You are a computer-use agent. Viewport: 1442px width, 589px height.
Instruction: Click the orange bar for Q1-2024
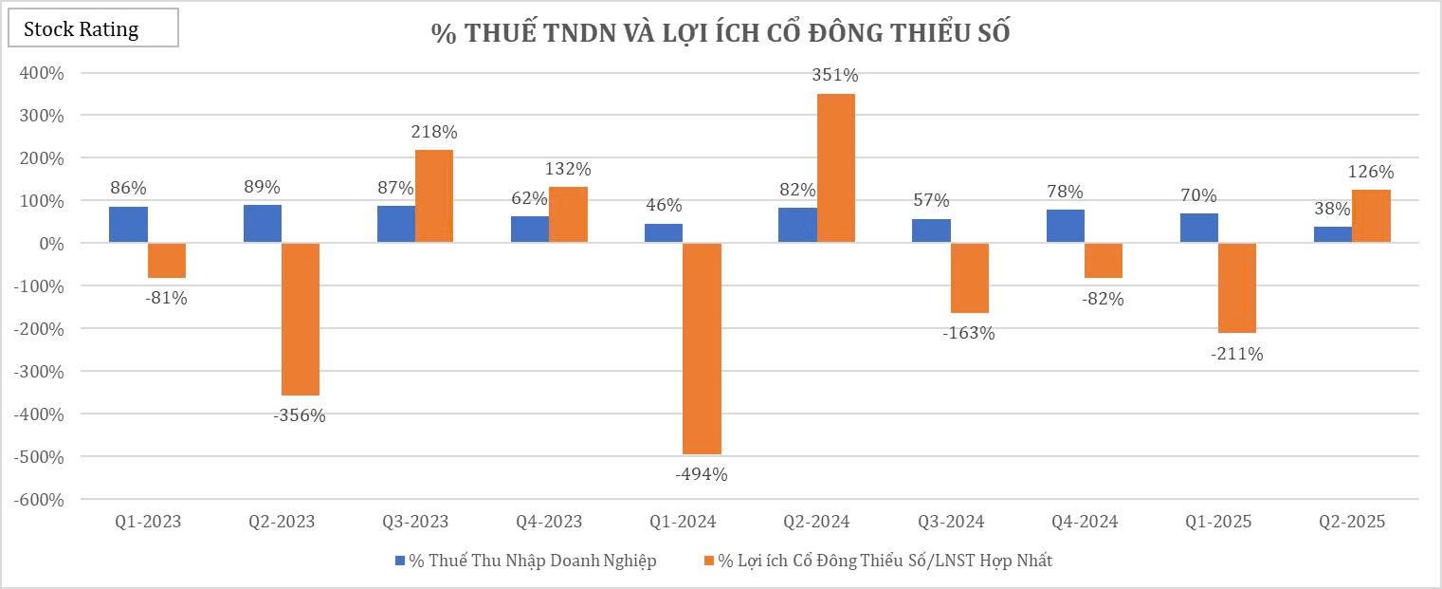click(702, 348)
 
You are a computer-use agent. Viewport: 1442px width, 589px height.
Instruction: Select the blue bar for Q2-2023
click(263, 224)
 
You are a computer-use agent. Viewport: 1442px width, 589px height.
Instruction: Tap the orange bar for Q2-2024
click(835, 168)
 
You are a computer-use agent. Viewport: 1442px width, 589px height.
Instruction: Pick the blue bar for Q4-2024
click(1066, 227)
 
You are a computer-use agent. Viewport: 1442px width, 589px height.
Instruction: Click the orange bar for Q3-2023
click(434, 196)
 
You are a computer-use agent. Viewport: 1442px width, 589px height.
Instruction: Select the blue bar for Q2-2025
click(1332, 234)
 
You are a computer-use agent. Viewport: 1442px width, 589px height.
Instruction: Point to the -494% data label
click(701, 474)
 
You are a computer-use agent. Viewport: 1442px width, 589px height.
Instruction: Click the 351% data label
click(835, 75)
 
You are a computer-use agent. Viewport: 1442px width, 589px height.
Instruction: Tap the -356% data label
click(299, 415)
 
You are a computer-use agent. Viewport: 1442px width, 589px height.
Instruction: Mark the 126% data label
click(1371, 173)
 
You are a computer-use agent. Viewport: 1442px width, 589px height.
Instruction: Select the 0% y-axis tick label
click(52, 244)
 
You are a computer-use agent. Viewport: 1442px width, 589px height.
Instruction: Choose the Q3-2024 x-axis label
click(950, 522)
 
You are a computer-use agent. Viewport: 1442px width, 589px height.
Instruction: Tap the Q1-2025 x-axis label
click(1217, 522)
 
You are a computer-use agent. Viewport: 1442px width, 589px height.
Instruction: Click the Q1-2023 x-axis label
click(148, 522)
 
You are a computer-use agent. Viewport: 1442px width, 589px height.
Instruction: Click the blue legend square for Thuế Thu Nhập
click(400, 561)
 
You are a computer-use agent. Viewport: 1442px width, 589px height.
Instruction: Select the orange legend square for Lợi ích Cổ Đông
click(707, 561)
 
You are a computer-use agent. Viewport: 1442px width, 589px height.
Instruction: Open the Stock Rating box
click(93, 29)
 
